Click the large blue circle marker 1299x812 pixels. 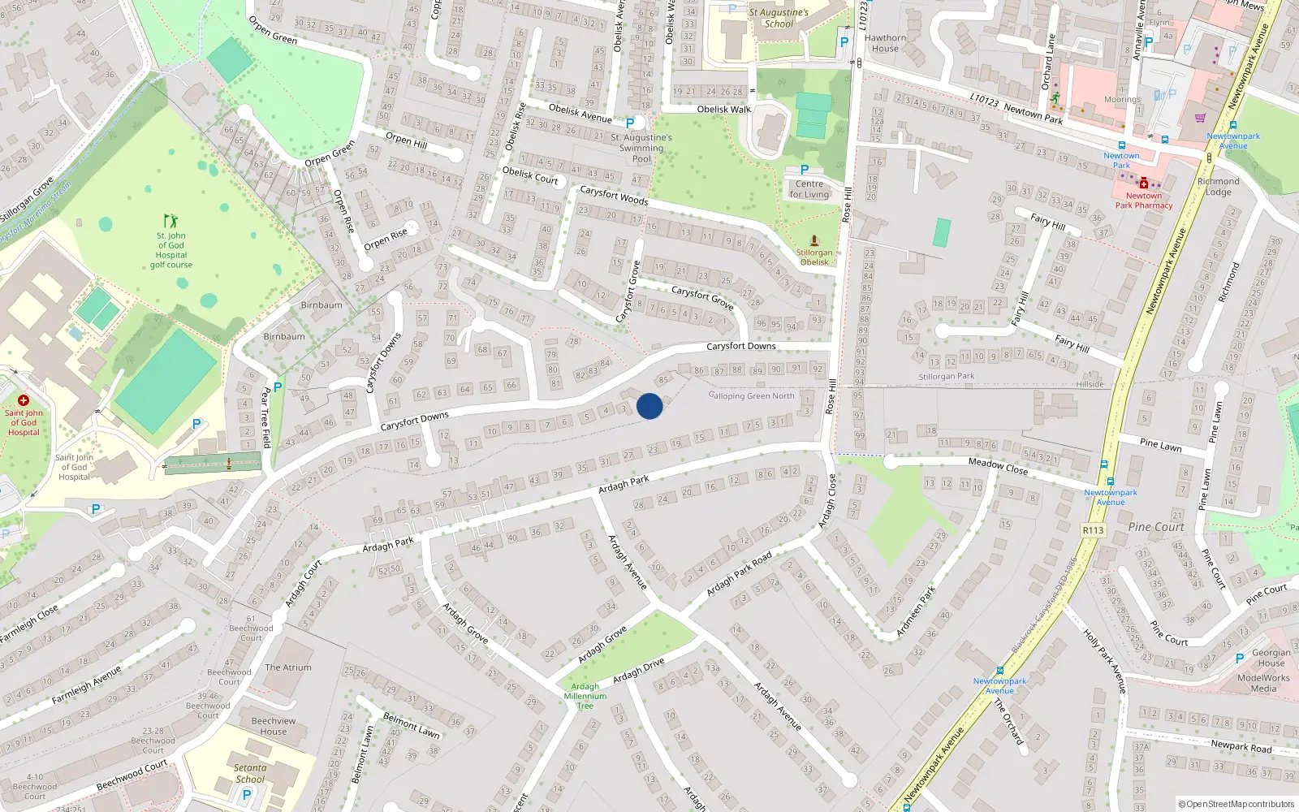(x=649, y=406)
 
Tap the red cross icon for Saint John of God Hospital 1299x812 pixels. (x=24, y=400)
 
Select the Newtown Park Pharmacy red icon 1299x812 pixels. (x=1143, y=184)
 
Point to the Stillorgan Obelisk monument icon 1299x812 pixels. (x=814, y=240)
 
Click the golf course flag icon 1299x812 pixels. (x=170, y=221)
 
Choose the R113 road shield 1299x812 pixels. (x=1093, y=530)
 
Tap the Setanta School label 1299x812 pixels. (x=250, y=773)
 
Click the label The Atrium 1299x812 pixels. (x=288, y=667)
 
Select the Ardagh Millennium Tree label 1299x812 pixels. (x=585, y=696)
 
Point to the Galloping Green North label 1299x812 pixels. (x=752, y=396)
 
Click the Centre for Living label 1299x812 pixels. (x=809, y=189)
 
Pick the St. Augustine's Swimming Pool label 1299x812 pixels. (x=641, y=148)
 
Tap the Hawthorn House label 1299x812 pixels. (x=885, y=43)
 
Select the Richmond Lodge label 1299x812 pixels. (x=1218, y=187)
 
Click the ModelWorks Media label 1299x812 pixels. (x=1263, y=683)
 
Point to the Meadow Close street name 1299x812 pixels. (x=998, y=466)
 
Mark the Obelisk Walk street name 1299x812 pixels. (x=724, y=109)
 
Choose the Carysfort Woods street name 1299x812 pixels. (x=614, y=196)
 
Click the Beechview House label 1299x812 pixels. (x=274, y=726)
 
